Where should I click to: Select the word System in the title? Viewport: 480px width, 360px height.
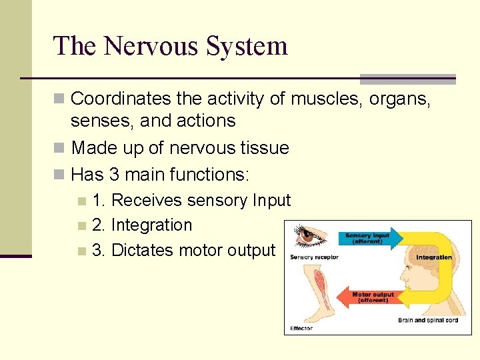[247, 46]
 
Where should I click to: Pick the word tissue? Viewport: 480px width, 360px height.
[263, 147]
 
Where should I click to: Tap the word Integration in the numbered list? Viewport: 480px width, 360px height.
[151, 225]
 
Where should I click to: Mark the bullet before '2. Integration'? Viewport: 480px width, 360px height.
[81, 226]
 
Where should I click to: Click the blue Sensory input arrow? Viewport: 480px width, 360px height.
[370, 238]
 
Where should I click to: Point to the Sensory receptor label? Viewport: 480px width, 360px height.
[314, 257]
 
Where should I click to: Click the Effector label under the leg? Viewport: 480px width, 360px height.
[301, 328]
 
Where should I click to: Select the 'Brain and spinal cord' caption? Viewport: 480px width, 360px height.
[428, 321]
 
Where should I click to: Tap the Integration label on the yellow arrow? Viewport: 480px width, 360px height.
[434, 257]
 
